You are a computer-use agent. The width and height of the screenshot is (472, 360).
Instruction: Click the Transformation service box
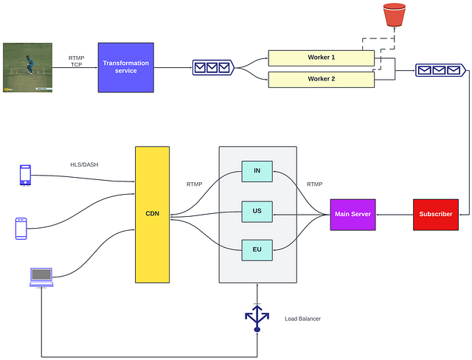pos(125,67)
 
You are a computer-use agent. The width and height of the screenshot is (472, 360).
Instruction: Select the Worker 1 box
pos(321,58)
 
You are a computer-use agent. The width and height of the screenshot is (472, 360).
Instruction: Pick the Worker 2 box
pos(321,78)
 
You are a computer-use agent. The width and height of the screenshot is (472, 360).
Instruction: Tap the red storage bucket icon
pos(394,15)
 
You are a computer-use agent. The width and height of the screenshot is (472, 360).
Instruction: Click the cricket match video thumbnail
pos(27,67)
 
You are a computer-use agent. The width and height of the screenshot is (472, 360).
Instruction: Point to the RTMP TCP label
pos(76,61)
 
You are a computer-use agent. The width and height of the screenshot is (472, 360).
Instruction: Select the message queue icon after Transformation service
pos(212,68)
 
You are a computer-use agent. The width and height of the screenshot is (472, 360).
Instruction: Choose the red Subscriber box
pos(435,215)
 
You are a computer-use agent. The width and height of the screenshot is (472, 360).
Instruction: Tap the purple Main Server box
pos(353,215)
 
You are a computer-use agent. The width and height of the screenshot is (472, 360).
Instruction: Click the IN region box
pos(257,171)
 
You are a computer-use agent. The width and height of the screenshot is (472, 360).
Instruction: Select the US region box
pos(257,211)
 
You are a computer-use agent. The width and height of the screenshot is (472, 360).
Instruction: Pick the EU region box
pos(257,251)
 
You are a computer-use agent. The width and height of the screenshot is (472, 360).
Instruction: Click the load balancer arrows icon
pos(257,318)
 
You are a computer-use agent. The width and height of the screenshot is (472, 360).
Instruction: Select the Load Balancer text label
pos(302,319)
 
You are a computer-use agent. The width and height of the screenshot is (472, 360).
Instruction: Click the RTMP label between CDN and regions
pos(195,184)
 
